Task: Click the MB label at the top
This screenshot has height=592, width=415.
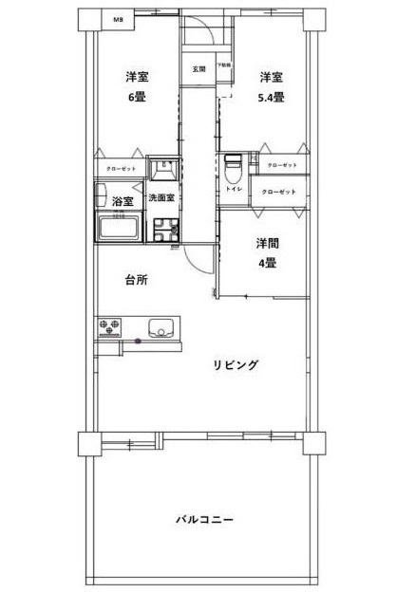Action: [x=118, y=19]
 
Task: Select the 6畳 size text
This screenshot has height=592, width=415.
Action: [x=137, y=98]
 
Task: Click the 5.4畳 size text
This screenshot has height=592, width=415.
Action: [x=272, y=98]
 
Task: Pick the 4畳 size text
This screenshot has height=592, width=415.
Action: [x=266, y=264]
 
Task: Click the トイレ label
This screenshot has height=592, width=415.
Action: [x=233, y=190]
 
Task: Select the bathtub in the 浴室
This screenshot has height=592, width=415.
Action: [x=118, y=228]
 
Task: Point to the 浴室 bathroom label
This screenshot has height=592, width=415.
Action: [x=123, y=201]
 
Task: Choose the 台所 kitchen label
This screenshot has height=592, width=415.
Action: [x=138, y=279]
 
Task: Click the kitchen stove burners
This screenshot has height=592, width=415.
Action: [x=109, y=327]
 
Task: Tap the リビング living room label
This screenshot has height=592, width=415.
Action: [x=236, y=364]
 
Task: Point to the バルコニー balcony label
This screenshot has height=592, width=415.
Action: [x=204, y=519]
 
